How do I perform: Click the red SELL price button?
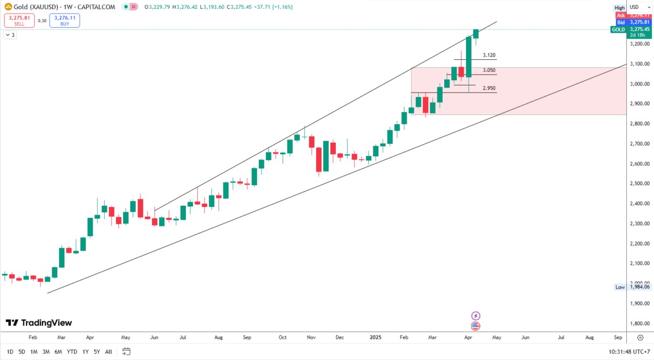tap(19, 21)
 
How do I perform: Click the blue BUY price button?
tap(65, 21)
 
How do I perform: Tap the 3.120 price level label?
tap(489, 56)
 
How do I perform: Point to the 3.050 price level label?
tap(489, 70)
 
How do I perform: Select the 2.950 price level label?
tap(489, 88)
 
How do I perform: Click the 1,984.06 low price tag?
tap(639, 286)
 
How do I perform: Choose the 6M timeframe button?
tap(58, 351)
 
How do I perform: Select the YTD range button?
tap(72, 351)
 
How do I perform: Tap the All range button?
tap(109, 351)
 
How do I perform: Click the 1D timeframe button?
tap(10, 351)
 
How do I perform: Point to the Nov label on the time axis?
tap(311, 338)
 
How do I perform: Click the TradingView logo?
tap(39, 323)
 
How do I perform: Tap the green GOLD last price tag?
tap(618, 29)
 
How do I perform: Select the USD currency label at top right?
tap(634, 7)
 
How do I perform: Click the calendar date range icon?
tap(126, 351)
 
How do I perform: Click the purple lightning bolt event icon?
tap(475, 316)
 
